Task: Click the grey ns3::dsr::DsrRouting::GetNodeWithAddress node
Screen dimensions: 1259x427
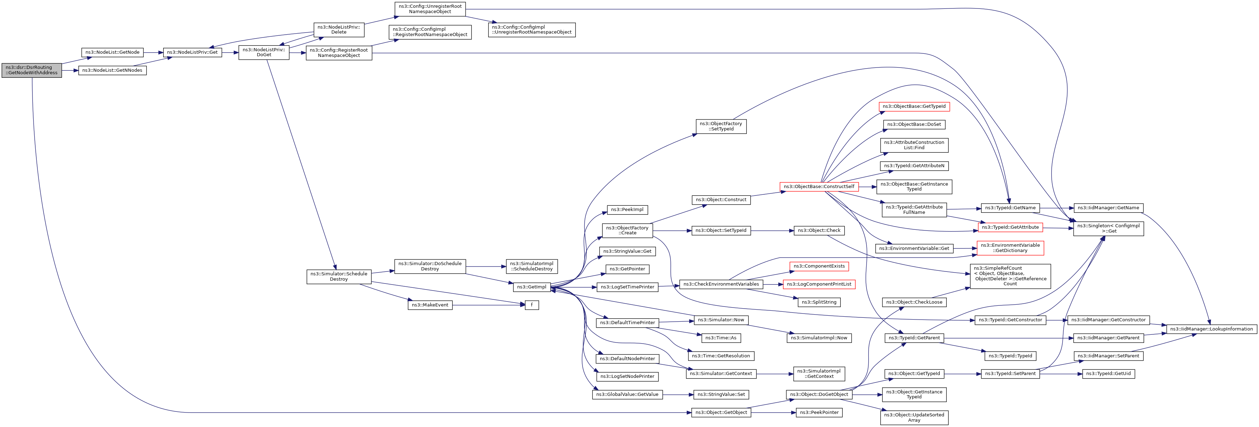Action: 32,70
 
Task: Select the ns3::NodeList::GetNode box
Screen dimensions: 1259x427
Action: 112,52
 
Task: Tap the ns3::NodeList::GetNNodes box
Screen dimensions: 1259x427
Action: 112,70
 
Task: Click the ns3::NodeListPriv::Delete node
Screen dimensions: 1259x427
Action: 339,29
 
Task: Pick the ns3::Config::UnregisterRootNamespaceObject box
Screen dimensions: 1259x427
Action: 430,9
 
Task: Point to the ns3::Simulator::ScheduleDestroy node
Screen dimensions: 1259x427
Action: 339,276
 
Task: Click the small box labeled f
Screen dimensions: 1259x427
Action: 532,305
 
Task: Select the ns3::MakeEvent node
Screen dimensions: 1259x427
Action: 430,305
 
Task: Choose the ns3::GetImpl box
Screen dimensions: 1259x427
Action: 532,287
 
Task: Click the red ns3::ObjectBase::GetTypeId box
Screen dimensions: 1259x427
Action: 914,106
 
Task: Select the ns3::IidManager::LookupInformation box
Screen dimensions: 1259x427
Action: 1212,329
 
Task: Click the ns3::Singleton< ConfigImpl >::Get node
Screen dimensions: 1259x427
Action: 1109,228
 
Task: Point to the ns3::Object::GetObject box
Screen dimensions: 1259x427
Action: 721,412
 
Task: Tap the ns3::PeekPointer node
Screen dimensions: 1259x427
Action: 819,412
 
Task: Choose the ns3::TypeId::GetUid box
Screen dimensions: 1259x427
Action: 1109,373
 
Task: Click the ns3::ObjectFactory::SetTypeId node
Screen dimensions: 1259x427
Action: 721,126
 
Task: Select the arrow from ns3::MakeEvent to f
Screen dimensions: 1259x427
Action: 489,305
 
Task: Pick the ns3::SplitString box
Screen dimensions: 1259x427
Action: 819,302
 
